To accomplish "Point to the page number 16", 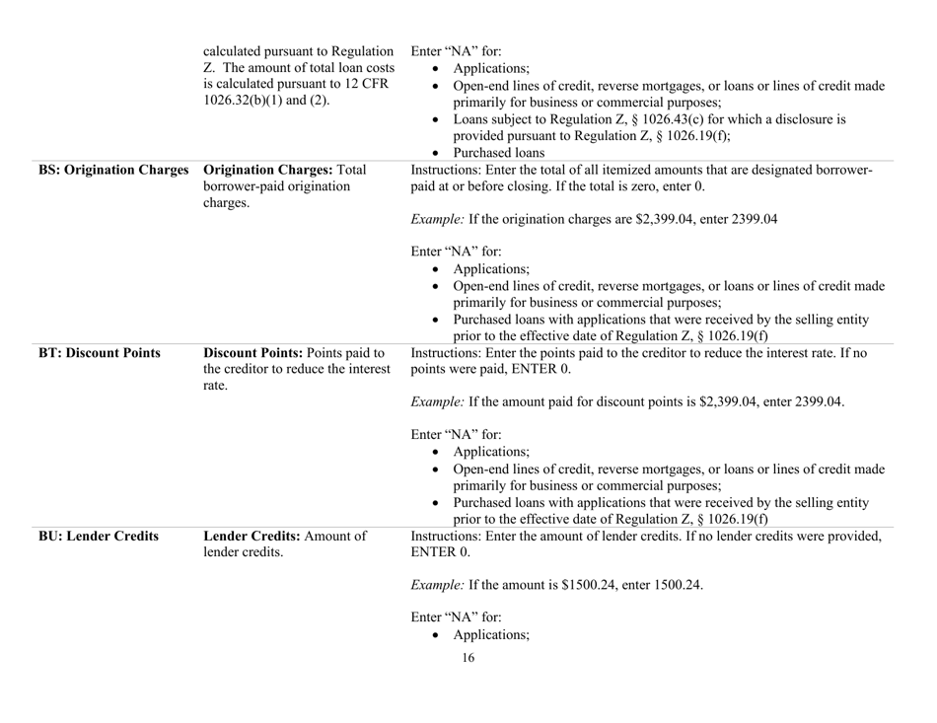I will pos(468,688).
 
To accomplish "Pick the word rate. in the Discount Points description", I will pos(218,388).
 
